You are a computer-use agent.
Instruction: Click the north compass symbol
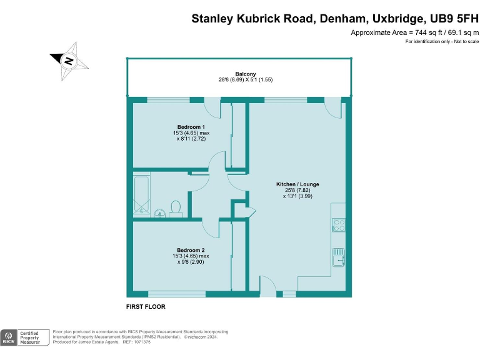(x=69, y=61)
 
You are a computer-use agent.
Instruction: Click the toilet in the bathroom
(x=176, y=207)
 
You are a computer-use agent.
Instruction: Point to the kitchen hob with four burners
(x=339, y=224)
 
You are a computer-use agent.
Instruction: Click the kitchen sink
(x=339, y=257)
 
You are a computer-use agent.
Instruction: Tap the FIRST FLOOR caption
(x=146, y=307)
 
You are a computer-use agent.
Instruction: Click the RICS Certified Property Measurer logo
(x=24, y=337)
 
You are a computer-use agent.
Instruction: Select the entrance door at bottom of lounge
(x=267, y=289)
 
